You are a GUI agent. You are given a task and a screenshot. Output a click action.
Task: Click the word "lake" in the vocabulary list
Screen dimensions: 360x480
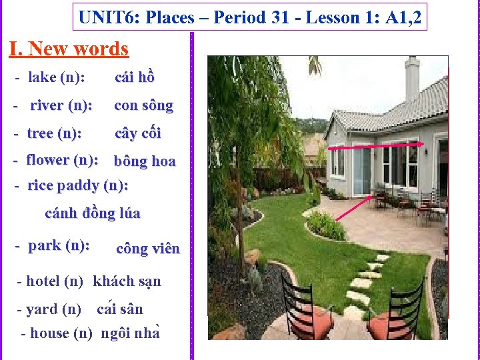pyautogui.click(x=42, y=77)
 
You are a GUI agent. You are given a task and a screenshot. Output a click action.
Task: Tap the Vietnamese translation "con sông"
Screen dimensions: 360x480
pyautogui.click(x=143, y=105)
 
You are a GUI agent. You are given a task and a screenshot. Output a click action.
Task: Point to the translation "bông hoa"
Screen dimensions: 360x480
pyautogui.click(x=145, y=161)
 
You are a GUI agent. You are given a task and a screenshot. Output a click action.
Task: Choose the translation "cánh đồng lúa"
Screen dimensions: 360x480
pyautogui.click(x=93, y=213)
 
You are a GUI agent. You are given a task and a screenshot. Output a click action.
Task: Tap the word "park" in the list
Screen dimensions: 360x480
pyautogui.click(x=45, y=245)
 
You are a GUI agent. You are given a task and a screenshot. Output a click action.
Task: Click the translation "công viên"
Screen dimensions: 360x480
pyautogui.click(x=148, y=249)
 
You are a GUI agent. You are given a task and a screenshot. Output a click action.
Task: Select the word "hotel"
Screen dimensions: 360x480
pyautogui.click(x=43, y=281)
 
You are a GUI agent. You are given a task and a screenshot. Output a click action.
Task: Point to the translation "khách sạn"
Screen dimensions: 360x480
pyautogui.click(x=127, y=281)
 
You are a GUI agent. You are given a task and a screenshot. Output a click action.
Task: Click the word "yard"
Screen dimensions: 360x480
pyautogui.click(x=41, y=309)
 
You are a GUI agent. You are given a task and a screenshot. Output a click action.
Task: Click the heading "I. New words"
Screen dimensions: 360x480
pyautogui.click(x=69, y=49)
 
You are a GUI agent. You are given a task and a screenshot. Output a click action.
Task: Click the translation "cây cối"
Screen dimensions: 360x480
pyautogui.click(x=138, y=133)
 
